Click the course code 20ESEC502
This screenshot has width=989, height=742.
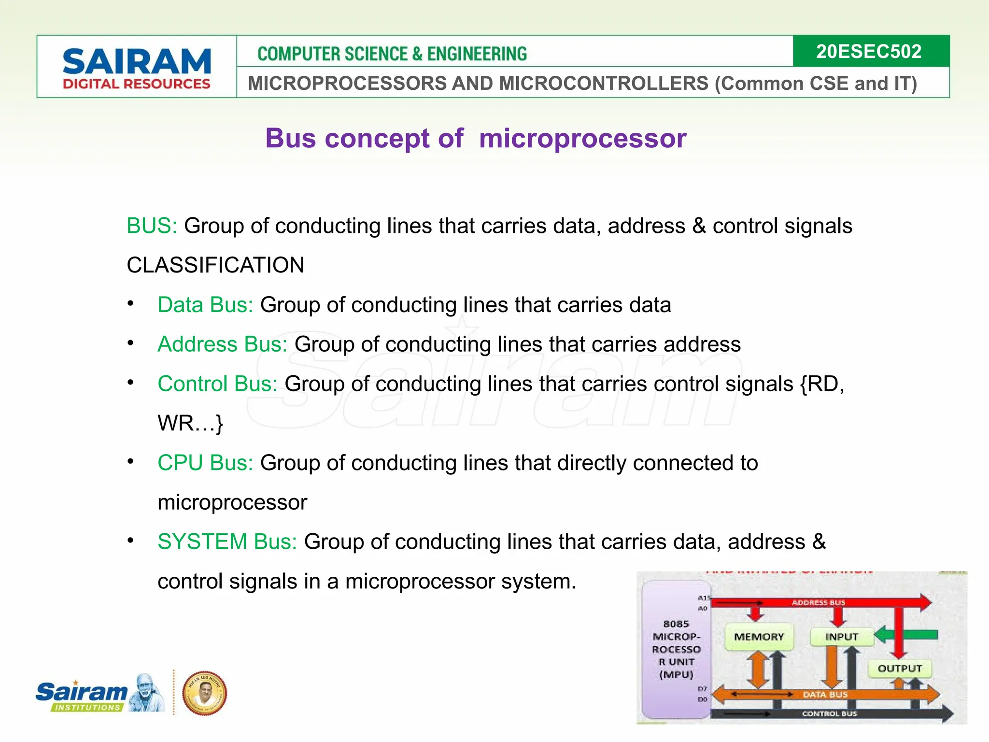pos(868,51)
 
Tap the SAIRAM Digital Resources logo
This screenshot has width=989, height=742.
pos(137,68)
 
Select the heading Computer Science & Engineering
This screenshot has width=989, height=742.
pos(392,54)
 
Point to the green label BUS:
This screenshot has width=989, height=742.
pos(152,226)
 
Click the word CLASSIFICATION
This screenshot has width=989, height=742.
pos(215,265)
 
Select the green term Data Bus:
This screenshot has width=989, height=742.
pos(205,305)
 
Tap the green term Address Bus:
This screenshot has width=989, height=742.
pos(222,344)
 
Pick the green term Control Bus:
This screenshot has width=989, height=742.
pos(217,384)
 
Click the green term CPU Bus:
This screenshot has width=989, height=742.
pos(205,463)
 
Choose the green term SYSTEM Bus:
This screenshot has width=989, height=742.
pos(227,542)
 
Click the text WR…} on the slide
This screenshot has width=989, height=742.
pos(190,423)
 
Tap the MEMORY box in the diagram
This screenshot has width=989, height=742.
pos(759,637)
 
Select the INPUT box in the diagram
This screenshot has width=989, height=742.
pos(842,637)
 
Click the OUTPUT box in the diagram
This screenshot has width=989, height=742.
pos(900,669)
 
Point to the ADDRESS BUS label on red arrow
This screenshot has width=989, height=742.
pos(818,603)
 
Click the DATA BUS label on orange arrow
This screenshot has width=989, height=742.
pos(825,695)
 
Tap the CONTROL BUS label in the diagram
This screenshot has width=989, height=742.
pos(829,713)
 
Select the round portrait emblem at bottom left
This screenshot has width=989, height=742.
pos(205,693)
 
